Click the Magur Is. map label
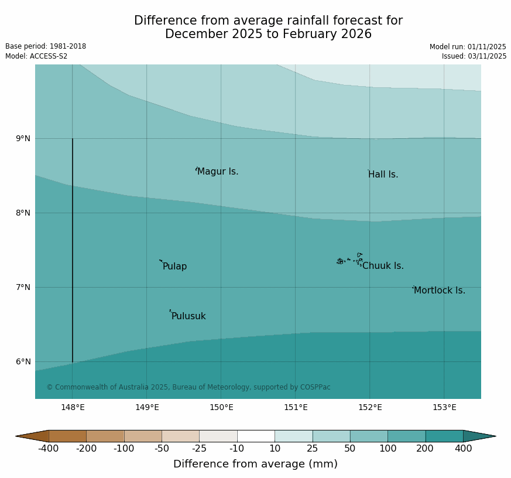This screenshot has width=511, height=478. click(218, 172)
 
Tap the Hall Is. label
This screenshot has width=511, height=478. click(383, 175)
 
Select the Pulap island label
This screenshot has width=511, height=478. click(174, 267)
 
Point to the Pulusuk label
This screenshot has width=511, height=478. click(188, 316)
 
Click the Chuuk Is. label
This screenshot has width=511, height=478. click(383, 266)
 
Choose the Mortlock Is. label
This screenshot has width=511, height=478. click(439, 291)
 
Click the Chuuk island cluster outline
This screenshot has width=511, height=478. click(350, 260)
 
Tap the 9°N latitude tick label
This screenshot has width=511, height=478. click(23, 139)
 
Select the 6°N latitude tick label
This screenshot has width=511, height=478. click(23, 362)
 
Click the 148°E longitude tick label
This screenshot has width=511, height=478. click(73, 408)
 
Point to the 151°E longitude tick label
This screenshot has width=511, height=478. click(296, 408)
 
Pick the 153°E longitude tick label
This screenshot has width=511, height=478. click(444, 408)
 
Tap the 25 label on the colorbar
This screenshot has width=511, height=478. click(313, 449)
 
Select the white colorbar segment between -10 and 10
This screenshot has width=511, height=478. click(256, 436)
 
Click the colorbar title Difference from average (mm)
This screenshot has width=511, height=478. click(255, 464)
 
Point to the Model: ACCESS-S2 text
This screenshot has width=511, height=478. click(36, 56)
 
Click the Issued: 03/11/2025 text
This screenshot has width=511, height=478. click(474, 56)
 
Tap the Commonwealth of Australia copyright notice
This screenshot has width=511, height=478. click(188, 387)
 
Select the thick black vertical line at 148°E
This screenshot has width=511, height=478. click(73, 252)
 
